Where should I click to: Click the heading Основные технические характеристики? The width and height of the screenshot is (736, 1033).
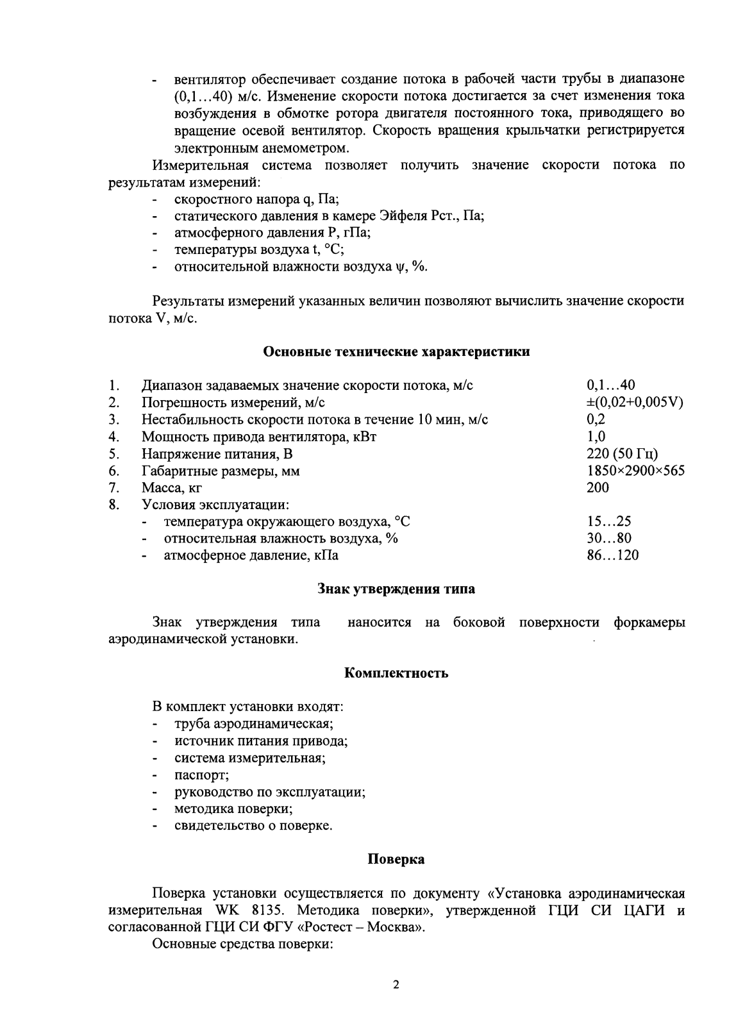coord(396,352)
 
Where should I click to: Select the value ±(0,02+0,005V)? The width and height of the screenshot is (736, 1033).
coord(635,403)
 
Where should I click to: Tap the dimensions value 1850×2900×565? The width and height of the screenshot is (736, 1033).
coord(635,471)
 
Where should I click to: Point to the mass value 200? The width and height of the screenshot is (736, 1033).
coord(598,487)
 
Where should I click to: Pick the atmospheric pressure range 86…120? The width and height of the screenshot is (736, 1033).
coord(612,555)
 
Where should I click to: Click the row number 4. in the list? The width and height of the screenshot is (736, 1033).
coord(115,437)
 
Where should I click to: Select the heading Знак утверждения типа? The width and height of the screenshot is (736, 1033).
coord(396,589)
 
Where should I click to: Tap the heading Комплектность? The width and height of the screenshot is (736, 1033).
coord(396,673)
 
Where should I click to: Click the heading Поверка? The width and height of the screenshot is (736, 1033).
coord(396,859)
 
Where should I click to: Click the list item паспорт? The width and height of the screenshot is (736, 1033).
coord(197,775)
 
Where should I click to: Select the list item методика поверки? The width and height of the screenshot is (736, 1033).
coord(233,809)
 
